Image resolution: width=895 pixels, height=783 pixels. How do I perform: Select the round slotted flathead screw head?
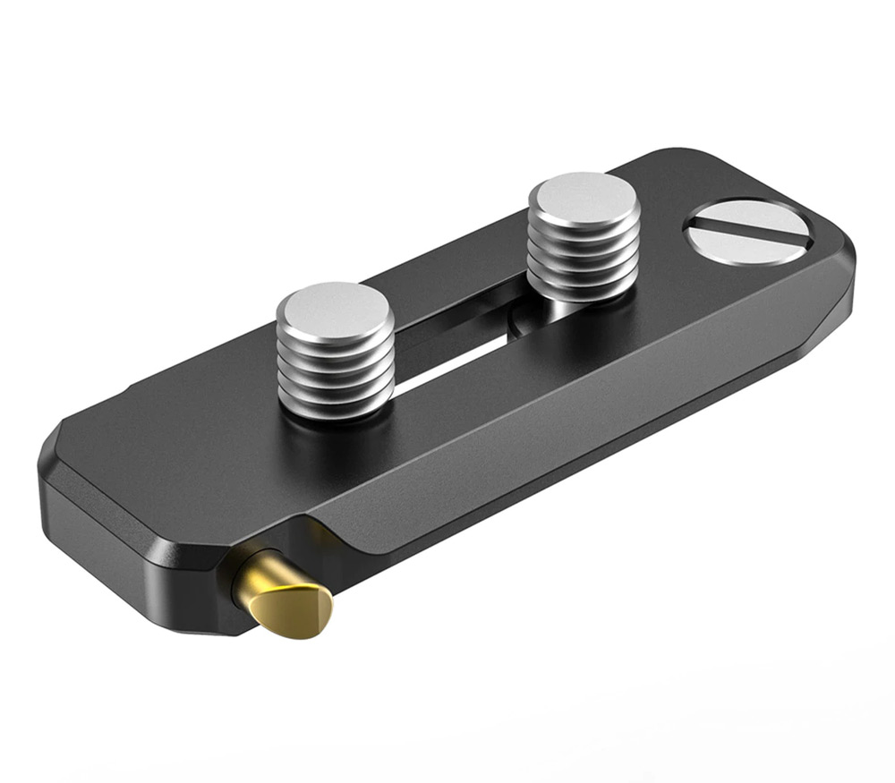tap(747, 228)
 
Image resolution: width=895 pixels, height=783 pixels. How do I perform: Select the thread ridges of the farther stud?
tap(584, 255)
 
